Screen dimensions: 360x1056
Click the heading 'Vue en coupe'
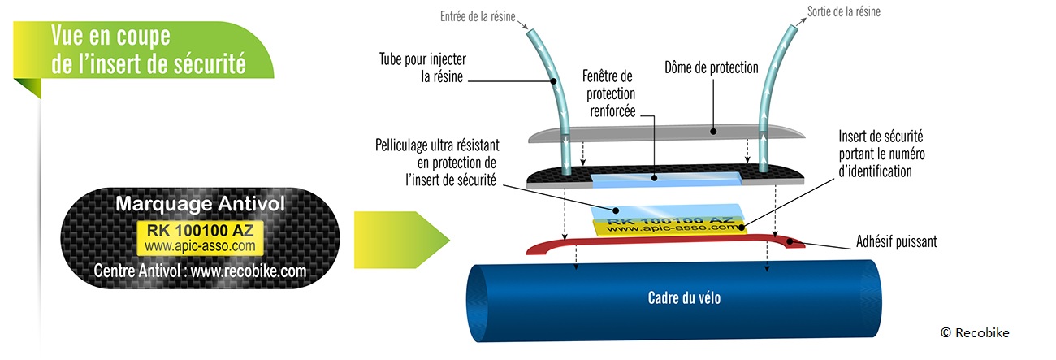pos(110,37)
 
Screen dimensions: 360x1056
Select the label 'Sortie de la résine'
pos(844,12)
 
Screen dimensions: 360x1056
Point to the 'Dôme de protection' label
pos(711,67)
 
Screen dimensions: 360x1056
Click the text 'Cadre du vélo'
pos(684,298)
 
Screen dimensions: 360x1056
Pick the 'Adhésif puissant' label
pos(897,241)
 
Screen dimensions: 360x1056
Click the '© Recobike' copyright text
pos(975,332)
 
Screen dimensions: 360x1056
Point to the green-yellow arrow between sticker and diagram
pos(398,239)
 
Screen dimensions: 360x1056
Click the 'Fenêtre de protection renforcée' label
pos(608,93)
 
